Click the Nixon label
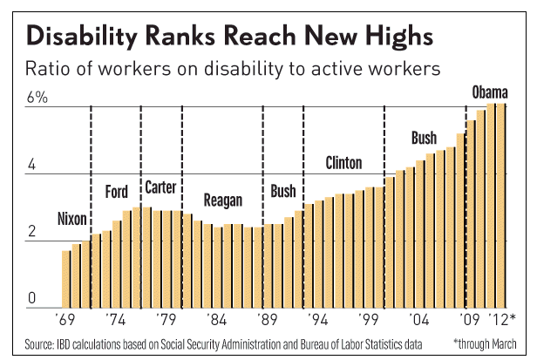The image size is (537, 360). (71, 217)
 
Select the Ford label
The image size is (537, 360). (117, 192)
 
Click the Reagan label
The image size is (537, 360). (222, 200)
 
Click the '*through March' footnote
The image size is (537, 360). (485, 343)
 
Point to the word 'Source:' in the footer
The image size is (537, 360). (39, 343)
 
